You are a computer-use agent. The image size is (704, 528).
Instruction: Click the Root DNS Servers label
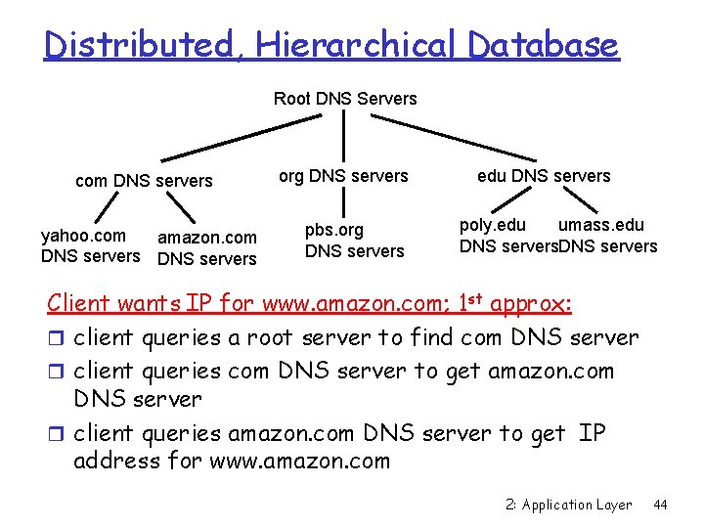coord(344,99)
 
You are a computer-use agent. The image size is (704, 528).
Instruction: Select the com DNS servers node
coord(144,180)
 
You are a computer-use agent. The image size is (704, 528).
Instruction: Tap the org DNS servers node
coord(343,176)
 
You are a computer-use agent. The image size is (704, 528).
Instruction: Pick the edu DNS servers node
coord(544,176)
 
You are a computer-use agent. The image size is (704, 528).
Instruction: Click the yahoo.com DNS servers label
coord(89,245)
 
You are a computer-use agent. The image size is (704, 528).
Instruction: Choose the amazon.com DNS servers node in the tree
coord(207,248)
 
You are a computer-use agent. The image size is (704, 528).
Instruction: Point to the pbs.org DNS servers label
coord(354,241)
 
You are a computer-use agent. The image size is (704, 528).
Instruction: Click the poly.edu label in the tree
coord(493,226)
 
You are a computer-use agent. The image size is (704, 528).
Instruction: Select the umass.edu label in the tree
coord(600,226)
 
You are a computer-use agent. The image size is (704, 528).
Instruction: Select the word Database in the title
coord(543,45)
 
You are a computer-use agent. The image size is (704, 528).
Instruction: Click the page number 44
coord(660,505)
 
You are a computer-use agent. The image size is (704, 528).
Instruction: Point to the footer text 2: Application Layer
coord(570,505)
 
